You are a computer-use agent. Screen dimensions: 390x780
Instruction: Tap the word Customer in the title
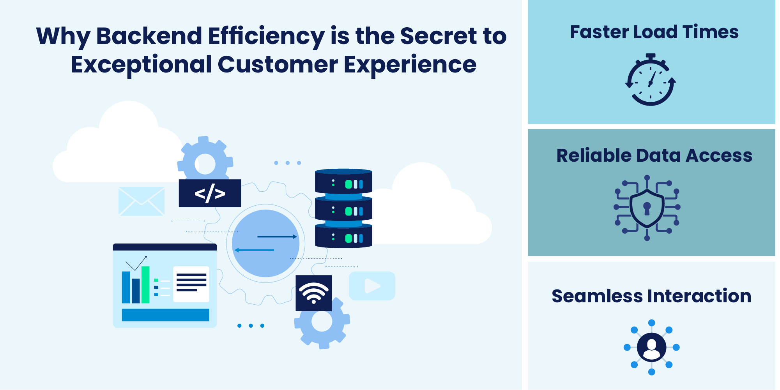(278, 64)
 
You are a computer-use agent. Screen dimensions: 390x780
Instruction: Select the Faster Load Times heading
(654, 32)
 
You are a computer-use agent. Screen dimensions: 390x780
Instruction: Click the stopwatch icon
(650, 81)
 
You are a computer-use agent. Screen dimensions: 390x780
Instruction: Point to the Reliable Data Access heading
(654, 155)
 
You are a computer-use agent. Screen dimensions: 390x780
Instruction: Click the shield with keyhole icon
(647, 208)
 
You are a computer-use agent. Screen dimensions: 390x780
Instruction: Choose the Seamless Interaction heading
(651, 296)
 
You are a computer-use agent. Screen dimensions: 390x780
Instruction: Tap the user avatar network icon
(651, 347)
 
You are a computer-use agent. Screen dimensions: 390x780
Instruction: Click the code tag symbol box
(210, 193)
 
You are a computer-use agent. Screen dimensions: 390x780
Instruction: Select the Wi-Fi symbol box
(313, 293)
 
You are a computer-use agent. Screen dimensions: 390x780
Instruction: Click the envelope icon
(141, 201)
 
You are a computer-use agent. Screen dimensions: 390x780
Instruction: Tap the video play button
(372, 286)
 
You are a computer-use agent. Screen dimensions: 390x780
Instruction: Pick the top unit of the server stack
(343, 182)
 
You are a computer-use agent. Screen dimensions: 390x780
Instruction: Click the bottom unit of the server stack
(343, 236)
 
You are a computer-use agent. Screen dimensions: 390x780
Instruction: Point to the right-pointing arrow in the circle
(277, 236)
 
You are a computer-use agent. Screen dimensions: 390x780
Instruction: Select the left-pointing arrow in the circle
(254, 250)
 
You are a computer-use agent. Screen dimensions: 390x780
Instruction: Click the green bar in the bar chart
(145, 284)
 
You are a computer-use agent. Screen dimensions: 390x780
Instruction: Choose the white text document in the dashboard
(191, 284)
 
